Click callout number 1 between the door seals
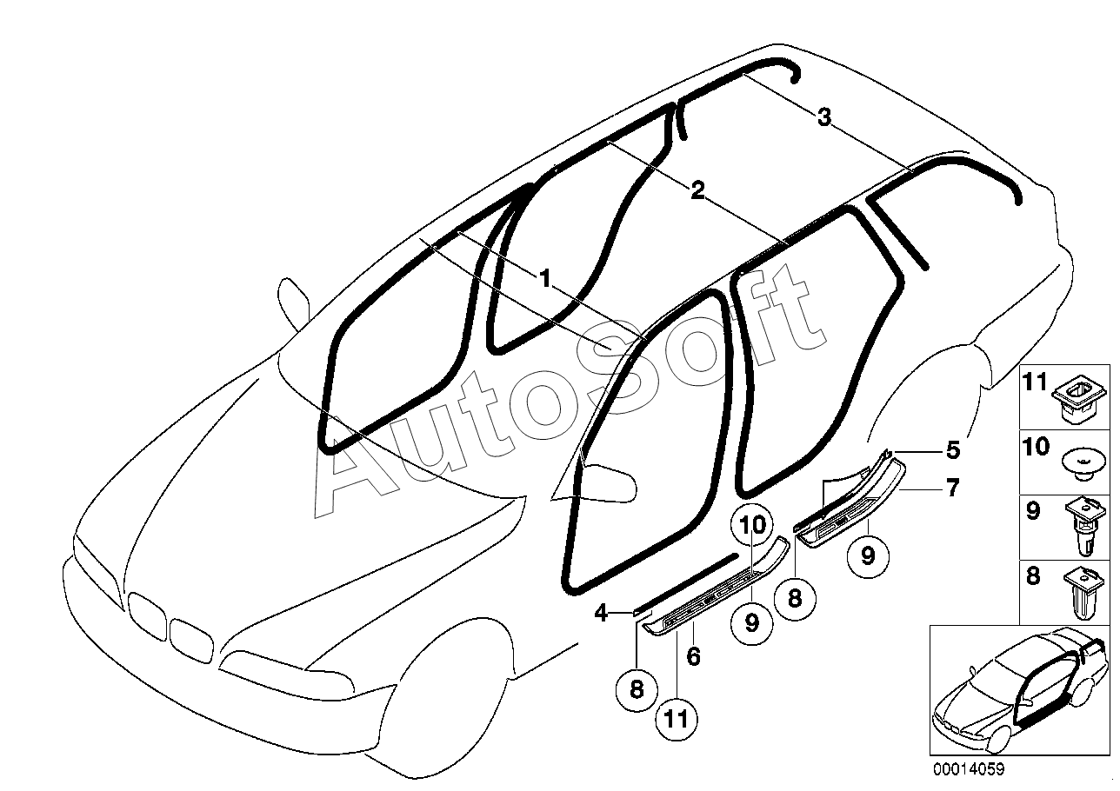click(544, 279)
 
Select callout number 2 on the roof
click(697, 190)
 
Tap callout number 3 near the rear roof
click(824, 116)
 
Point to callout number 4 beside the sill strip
click(600, 613)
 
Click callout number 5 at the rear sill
click(953, 450)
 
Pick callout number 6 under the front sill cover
click(693, 655)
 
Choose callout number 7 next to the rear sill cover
click(953, 489)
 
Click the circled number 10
click(754, 525)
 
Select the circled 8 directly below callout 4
click(637, 689)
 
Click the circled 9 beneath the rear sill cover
click(867, 555)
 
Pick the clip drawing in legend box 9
click(1081, 527)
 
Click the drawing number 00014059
click(970, 768)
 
